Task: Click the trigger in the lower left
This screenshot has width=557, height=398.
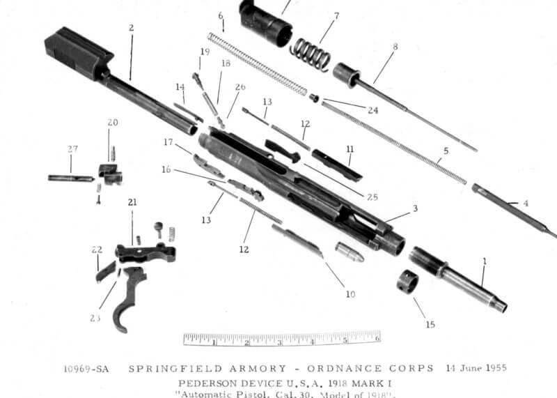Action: pyautogui.click(x=132, y=296)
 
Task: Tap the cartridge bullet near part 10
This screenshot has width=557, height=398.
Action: pyautogui.click(x=350, y=252)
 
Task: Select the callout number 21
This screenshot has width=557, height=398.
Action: pyautogui.click(x=132, y=202)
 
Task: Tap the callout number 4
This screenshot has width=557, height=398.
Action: pyautogui.click(x=526, y=204)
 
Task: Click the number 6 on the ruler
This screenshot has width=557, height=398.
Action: pyautogui.click(x=377, y=339)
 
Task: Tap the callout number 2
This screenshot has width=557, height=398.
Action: pyautogui.click(x=130, y=29)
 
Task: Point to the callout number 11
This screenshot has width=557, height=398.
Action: pyautogui.click(x=350, y=149)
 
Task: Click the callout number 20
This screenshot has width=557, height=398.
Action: pyautogui.click(x=113, y=123)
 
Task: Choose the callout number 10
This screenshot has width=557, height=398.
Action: pyautogui.click(x=350, y=295)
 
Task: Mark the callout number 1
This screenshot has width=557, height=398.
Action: pyautogui.click(x=485, y=261)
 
